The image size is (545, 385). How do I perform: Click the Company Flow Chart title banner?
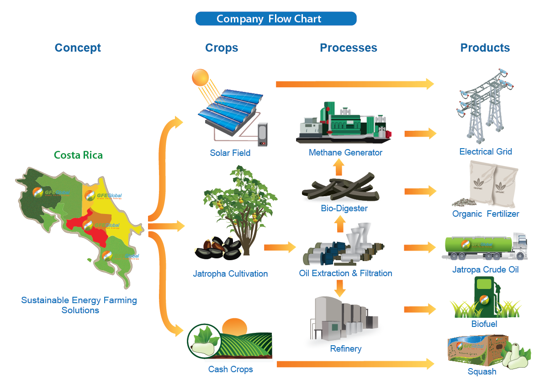coord(275,19)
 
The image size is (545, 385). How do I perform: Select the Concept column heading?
coord(78,48)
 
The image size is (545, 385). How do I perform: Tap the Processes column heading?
coord(348,48)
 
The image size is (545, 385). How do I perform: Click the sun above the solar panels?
coord(200,77)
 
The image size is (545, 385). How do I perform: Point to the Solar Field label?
coord(230,153)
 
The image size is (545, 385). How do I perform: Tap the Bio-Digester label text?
coord(344,209)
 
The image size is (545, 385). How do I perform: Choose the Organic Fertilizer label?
coord(486,214)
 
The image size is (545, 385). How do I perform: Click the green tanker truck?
coord(484,247)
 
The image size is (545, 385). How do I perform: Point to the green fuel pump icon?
coord(486,297)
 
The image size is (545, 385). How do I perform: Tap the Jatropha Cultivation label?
coord(230,274)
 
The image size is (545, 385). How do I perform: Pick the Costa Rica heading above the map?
coord(78,155)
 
